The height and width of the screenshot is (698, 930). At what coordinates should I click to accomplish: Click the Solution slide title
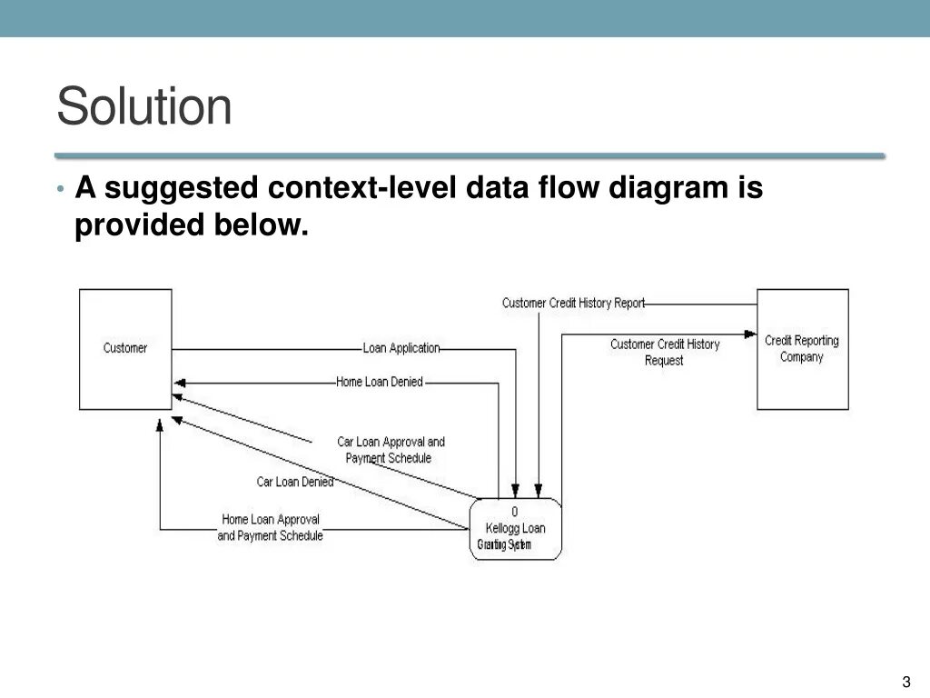[144, 106]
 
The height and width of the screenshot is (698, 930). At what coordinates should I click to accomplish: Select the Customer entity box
[125, 349]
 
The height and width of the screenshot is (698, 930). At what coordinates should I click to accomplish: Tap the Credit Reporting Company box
[802, 349]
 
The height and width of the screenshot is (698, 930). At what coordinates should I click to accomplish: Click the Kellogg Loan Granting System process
[515, 529]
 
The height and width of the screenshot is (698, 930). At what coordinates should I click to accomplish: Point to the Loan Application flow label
[401, 348]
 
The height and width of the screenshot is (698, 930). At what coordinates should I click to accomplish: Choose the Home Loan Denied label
[380, 383]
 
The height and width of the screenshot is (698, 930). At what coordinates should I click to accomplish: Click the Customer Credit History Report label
[573, 304]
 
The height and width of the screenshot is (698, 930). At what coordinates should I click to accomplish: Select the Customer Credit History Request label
[665, 353]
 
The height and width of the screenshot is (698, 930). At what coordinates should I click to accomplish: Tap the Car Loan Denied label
[295, 482]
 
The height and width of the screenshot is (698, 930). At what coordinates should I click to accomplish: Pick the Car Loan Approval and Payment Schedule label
[391, 450]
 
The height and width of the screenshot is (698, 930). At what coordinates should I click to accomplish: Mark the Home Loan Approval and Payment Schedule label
[271, 528]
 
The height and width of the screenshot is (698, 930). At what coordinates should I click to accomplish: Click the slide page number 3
[906, 683]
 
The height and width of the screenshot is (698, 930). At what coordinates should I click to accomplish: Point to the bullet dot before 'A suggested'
[60, 189]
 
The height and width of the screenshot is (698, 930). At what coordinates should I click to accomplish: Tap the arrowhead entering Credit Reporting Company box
[751, 334]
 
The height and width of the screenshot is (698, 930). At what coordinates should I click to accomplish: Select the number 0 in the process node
[515, 512]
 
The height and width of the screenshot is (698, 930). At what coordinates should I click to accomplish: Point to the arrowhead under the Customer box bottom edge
[160, 424]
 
